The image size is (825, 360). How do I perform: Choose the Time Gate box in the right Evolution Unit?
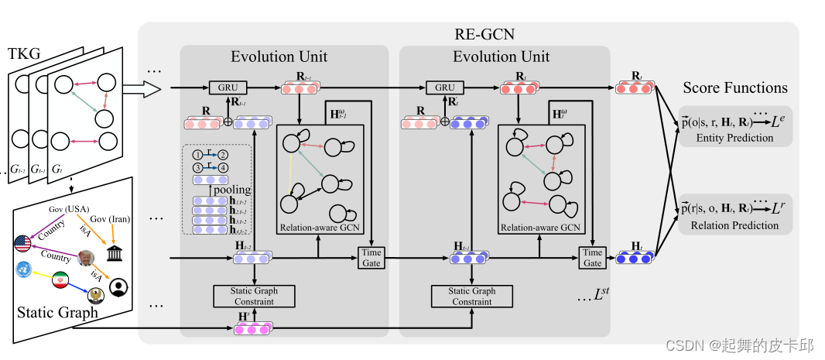(x=592, y=258)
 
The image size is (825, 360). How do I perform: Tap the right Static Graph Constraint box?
(x=471, y=296)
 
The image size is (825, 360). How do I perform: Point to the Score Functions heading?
(x=734, y=87)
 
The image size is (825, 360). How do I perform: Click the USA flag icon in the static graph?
(x=22, y=244)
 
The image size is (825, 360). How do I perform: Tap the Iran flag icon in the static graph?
(x=60, y=282)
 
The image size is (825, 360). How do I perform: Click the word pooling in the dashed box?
(x=231, y=189)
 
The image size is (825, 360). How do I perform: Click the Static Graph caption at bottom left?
(x=57, y=313)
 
